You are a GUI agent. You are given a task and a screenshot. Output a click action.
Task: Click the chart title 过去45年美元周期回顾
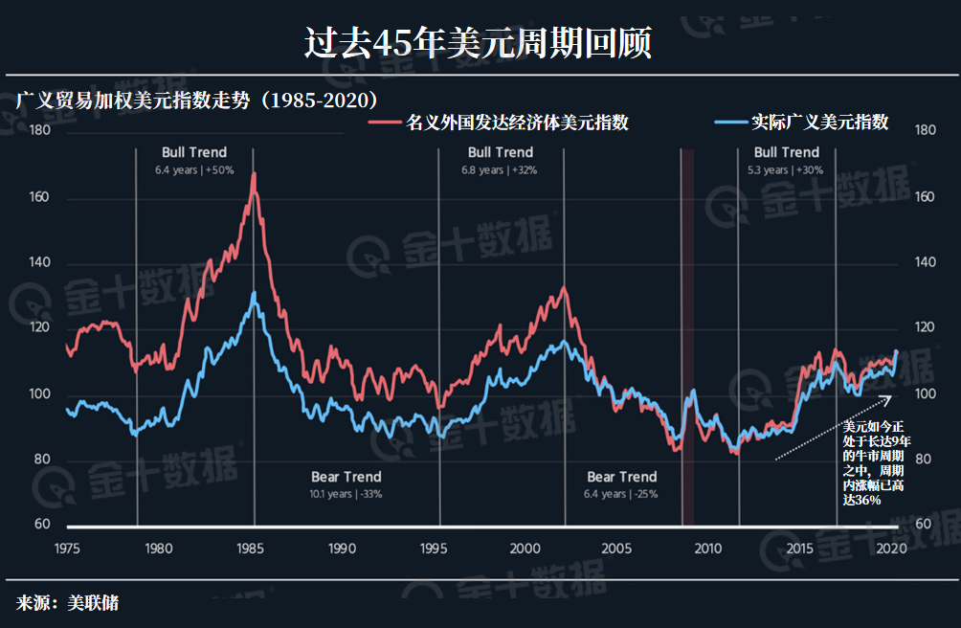pyautogui.click(x=479, y=43)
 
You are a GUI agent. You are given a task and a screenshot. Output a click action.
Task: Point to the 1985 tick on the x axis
pyautogui.click(x=251, y=549)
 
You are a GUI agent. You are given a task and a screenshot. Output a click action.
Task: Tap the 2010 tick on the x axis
pyautogui.click(x=707, y=549)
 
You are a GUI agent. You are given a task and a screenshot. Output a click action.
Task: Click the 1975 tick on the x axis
pyautogui.click(x=66, y=549)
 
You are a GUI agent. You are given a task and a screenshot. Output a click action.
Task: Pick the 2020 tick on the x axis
pyautogui.click(x=890, y=549)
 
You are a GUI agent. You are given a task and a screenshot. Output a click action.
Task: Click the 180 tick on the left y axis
pyautogui.click(x=39, y=130)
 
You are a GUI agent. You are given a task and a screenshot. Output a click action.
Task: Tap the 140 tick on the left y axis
pyautogui.click(x=39, y=262)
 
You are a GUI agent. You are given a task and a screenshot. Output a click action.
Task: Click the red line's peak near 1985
pyautogui.click(x=254, y=174)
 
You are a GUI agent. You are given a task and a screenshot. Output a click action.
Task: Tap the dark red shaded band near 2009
pyautogui.click(x=687, y=335)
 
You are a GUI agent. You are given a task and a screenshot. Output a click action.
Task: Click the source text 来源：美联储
pyautogui.click(x=67, y=603)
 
